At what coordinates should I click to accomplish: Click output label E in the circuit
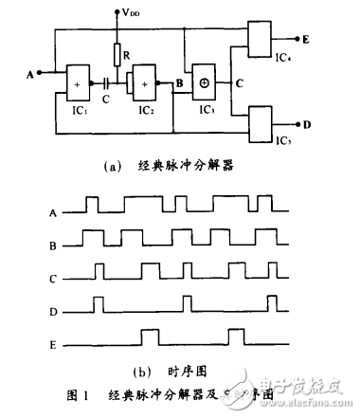pyautogui.click(x=307, y=40)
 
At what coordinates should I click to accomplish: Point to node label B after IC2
pyautogui.click(x=178, y=84)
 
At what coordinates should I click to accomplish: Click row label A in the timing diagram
pyautogui.click(x=55, y=213)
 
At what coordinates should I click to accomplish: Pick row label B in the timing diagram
pyautogui.click(x=55, y=245)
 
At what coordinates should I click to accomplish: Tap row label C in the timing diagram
pyautogui.click(x=55, y=279)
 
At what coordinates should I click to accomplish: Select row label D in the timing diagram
pyautogui.click(x=55, y=311)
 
